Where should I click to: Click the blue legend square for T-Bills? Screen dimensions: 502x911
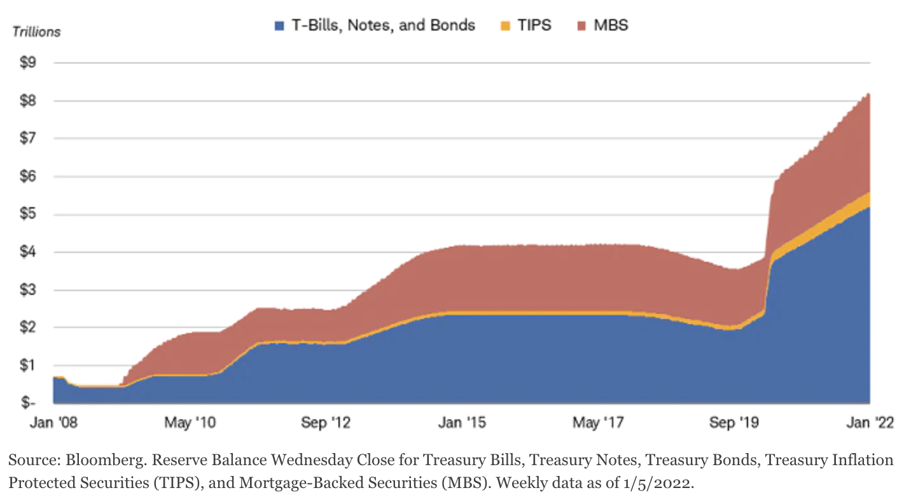tap(279, 26)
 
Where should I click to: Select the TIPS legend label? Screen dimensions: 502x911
tap(534, 25)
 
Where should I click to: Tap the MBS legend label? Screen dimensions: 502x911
tap(610, 25)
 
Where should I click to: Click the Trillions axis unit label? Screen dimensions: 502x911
tap(37, 31)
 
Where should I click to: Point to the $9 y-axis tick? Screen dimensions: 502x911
tap(28, 63)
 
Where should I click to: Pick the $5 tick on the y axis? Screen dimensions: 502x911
tap(28, 214)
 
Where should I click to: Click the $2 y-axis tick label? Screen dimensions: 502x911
tap(28, 327)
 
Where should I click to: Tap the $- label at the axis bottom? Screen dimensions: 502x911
tap(28, 403)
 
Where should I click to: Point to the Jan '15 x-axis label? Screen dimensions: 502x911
tap(459, 423)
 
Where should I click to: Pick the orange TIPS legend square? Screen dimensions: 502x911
tap(506, 26)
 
